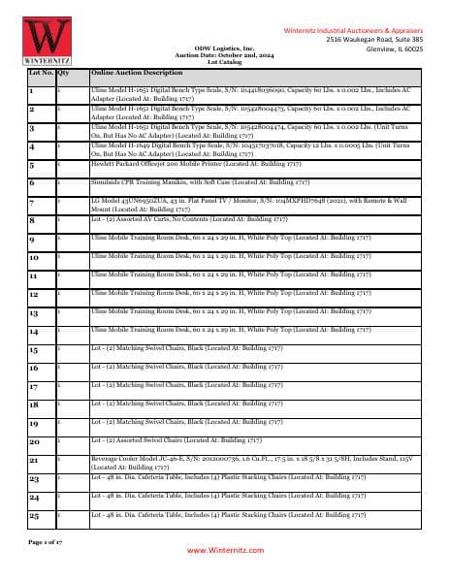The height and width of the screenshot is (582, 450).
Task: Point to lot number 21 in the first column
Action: [34, 459]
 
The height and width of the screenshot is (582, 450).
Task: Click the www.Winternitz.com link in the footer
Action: [225, 549]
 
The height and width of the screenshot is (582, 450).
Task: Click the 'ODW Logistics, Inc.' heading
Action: [225, 47]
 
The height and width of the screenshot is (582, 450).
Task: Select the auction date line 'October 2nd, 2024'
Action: [225, 52]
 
